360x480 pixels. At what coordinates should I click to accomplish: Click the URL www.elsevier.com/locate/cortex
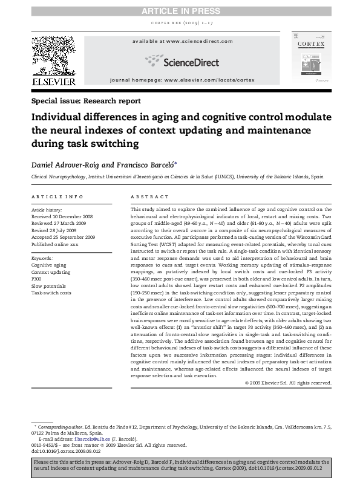point(210,80)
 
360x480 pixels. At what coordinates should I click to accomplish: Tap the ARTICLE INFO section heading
point(57,197)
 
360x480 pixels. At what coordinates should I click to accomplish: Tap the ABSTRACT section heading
point(149,197)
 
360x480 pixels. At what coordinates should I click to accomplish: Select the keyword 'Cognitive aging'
point(49,265)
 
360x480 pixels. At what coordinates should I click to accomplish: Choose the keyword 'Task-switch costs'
point(51,293)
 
